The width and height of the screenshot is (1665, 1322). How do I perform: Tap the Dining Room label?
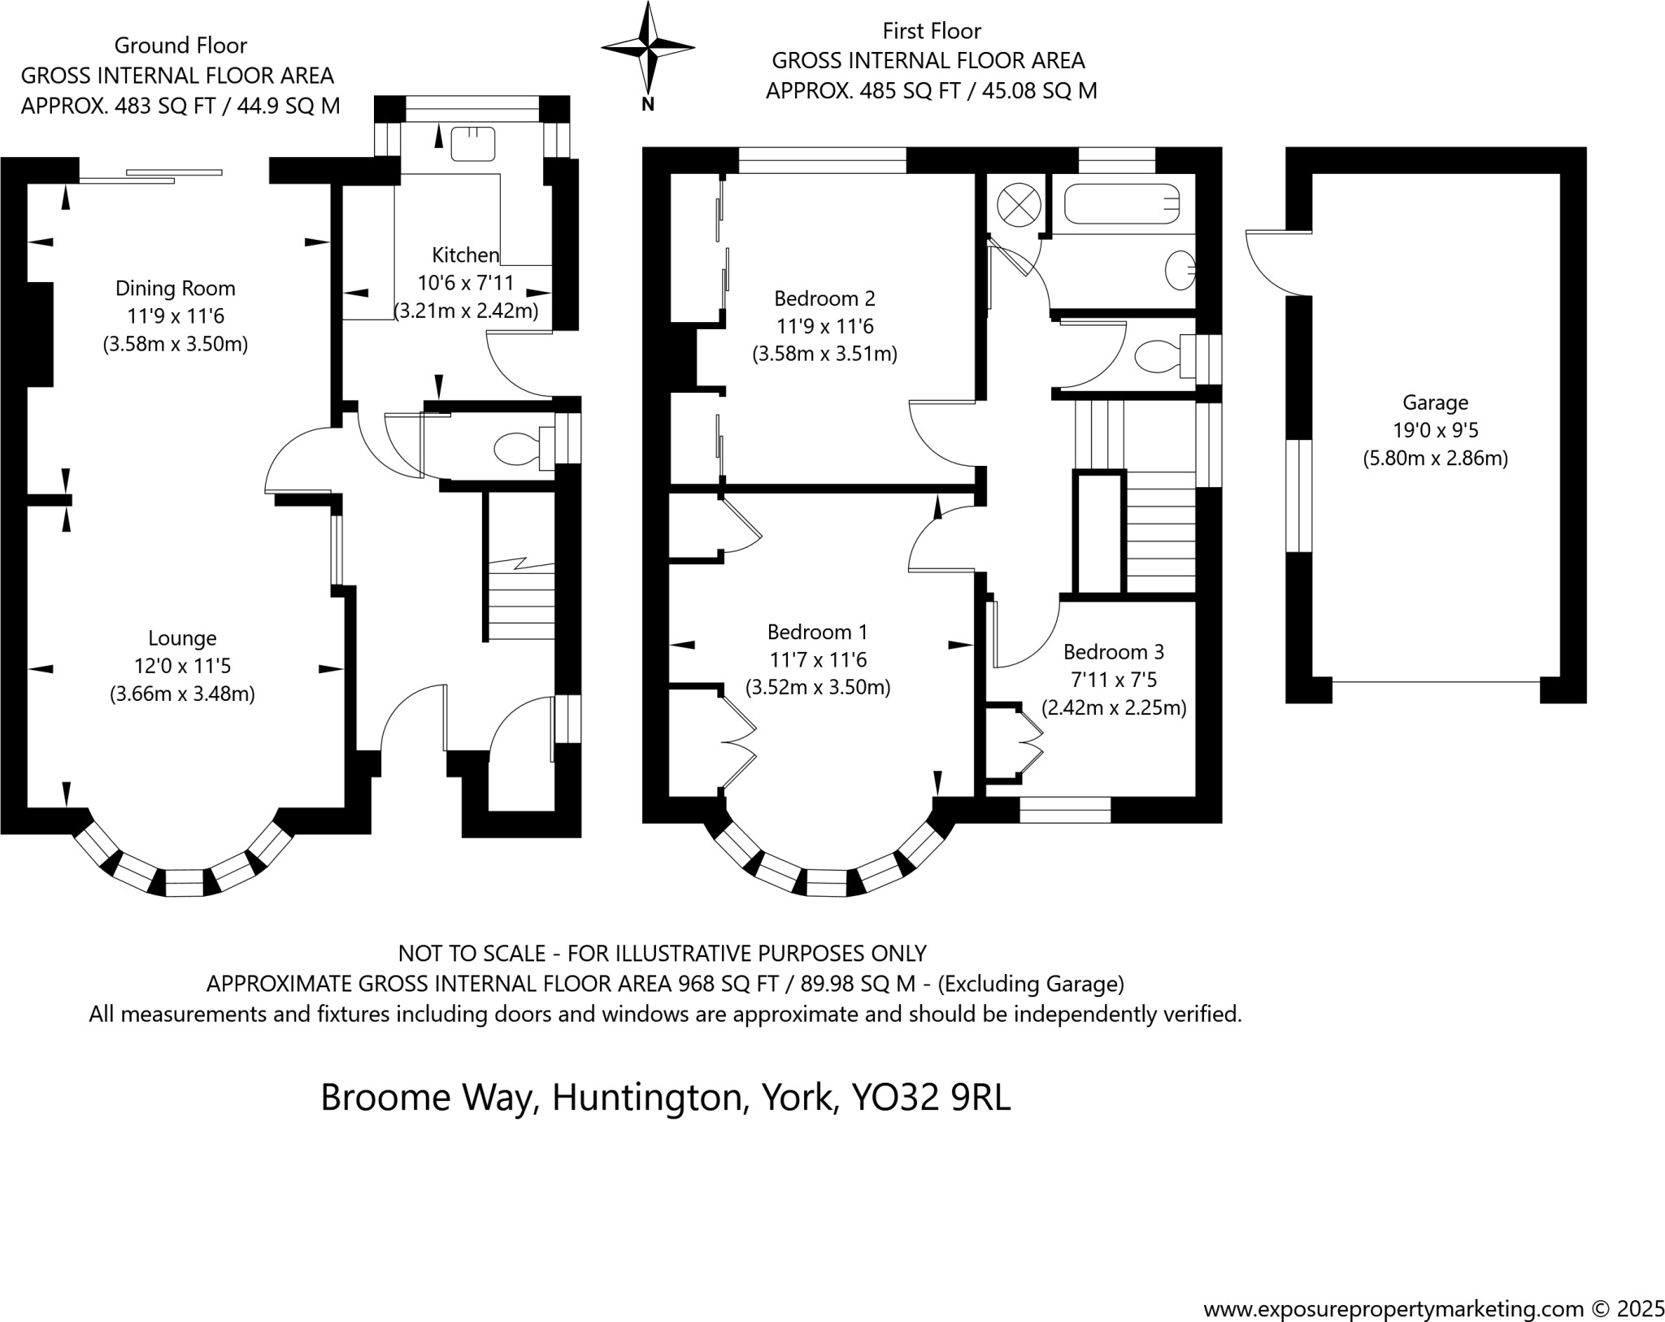[176, 289]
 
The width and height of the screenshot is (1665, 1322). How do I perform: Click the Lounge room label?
[182, 638]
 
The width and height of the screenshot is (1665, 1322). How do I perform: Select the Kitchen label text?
[465, 255]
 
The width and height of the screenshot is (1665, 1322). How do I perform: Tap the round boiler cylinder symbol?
[1019, 204]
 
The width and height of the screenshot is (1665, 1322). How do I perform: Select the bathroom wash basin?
[1179, 270]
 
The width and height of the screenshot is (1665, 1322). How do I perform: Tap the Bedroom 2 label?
[824, 298]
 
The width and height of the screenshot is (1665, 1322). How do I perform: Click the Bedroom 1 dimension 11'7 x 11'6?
[818, 659]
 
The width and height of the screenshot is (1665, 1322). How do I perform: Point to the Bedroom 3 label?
[1113, 652]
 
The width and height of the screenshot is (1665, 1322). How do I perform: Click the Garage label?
[1435, 402]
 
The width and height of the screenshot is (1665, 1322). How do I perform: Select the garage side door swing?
[1275, 264]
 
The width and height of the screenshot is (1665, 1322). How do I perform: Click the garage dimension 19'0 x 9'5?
[1435, 430]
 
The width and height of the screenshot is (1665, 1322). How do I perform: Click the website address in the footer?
[1393, 1287]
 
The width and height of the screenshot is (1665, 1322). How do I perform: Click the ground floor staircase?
[520, 602]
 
